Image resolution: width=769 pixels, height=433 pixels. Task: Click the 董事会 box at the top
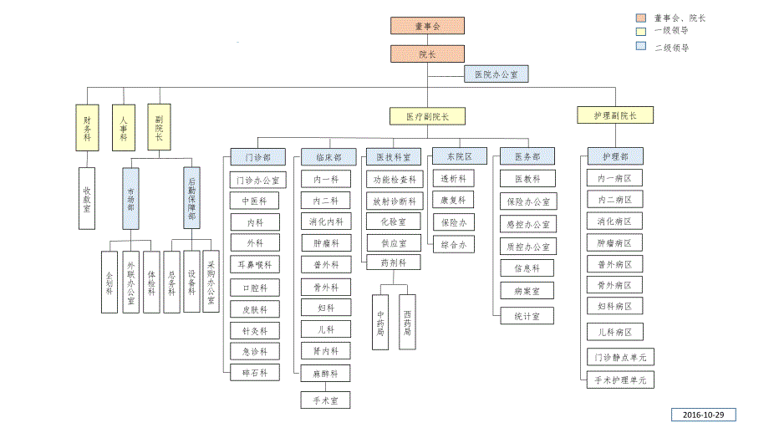coord(427,26)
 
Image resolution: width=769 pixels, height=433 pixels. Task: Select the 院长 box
coord(427,54)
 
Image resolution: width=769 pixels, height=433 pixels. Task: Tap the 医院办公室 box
coord(496,75)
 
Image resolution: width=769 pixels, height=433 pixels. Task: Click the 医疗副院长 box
coord(427,116)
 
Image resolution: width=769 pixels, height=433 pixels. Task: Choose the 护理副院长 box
coord(614,115)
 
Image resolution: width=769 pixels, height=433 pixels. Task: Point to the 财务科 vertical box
coord(87,127)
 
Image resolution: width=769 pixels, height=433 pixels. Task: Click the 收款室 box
coord(87,198)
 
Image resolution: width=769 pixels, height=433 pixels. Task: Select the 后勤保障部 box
coord(191,198)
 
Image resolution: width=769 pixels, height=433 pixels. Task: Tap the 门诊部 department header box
coord(257,156)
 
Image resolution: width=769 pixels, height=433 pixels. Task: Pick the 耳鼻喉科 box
coord(255,265)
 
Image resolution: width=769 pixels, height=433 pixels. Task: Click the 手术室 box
coord(326,400)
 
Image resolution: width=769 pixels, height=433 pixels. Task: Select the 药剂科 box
coord(393,262)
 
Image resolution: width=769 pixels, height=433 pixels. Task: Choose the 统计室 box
coord(527,316)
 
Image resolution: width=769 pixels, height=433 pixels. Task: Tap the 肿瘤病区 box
coord(614,243)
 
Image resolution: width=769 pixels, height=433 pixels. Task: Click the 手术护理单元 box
coord(619,380)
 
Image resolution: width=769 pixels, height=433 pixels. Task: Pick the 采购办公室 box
coord(211,282)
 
